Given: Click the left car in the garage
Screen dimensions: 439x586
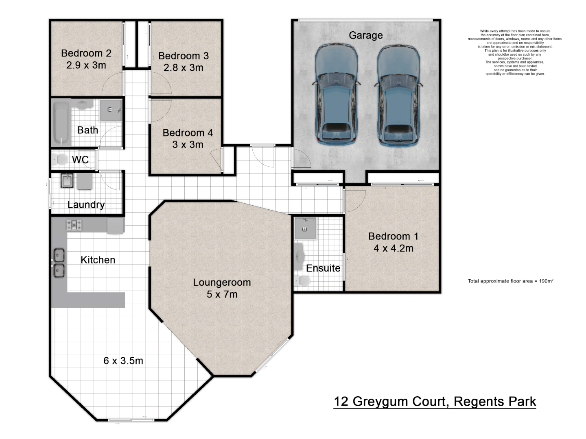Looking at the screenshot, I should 336,95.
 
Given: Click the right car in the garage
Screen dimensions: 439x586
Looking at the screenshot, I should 398,95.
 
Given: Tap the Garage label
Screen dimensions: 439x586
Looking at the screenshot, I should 365,35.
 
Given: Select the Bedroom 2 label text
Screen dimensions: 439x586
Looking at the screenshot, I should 86,53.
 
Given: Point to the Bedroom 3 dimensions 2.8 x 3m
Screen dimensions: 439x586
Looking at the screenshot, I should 183,67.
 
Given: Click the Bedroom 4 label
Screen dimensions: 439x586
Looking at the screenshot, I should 188,133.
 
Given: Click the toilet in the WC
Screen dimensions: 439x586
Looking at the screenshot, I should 61,159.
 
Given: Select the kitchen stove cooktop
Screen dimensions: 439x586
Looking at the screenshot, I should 74,225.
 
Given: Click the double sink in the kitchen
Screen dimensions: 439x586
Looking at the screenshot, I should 59,263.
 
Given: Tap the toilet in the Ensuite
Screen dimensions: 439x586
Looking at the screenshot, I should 302,280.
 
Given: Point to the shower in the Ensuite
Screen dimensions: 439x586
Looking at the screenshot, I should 304,228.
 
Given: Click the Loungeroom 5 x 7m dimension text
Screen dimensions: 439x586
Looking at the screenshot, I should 222,294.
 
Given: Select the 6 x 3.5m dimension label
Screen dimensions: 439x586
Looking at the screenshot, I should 123,361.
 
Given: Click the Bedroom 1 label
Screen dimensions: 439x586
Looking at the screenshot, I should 393,236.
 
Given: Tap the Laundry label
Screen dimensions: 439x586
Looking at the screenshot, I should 86,204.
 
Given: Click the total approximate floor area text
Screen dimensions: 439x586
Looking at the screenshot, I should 510,281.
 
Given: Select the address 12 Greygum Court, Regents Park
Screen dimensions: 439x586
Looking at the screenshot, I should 435,402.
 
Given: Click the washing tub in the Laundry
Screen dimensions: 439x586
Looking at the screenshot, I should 67,180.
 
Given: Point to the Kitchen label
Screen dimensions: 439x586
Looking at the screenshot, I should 98,260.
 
